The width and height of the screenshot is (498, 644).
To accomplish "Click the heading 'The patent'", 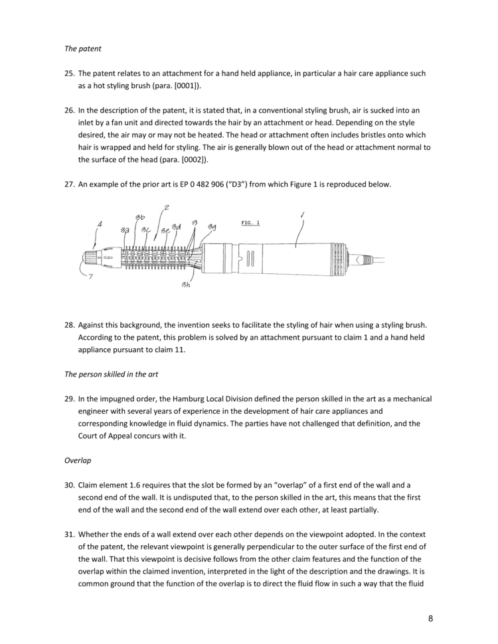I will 82,48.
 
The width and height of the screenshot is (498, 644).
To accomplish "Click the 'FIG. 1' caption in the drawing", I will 250,223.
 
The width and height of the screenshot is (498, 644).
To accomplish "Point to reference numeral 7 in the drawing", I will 90,276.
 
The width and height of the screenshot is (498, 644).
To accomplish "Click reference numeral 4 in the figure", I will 99,225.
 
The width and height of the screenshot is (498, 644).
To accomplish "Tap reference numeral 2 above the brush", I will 166,208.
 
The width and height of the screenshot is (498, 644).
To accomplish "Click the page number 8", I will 430,619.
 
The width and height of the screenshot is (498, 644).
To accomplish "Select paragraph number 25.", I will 70,74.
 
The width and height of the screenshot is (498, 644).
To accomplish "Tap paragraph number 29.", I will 70,399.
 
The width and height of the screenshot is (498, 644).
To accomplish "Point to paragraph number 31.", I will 70,534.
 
